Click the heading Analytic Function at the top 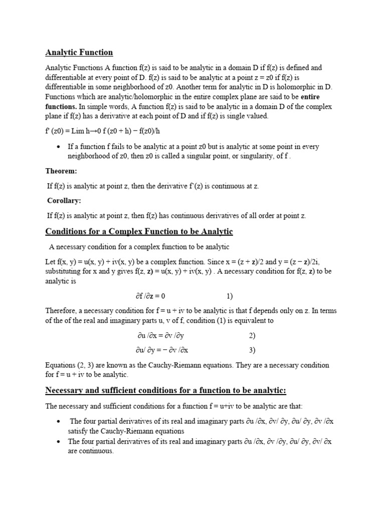(79, 52)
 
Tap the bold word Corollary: (64, 201)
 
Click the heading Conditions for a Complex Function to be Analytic (139, 231)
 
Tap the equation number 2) (252, 335)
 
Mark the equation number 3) (252, 350)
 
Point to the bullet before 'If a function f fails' (60, 147)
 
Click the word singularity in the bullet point (248, 156)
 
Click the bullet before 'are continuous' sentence (60, 442)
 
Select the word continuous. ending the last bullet (97, 451)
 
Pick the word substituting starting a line (64, 272)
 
